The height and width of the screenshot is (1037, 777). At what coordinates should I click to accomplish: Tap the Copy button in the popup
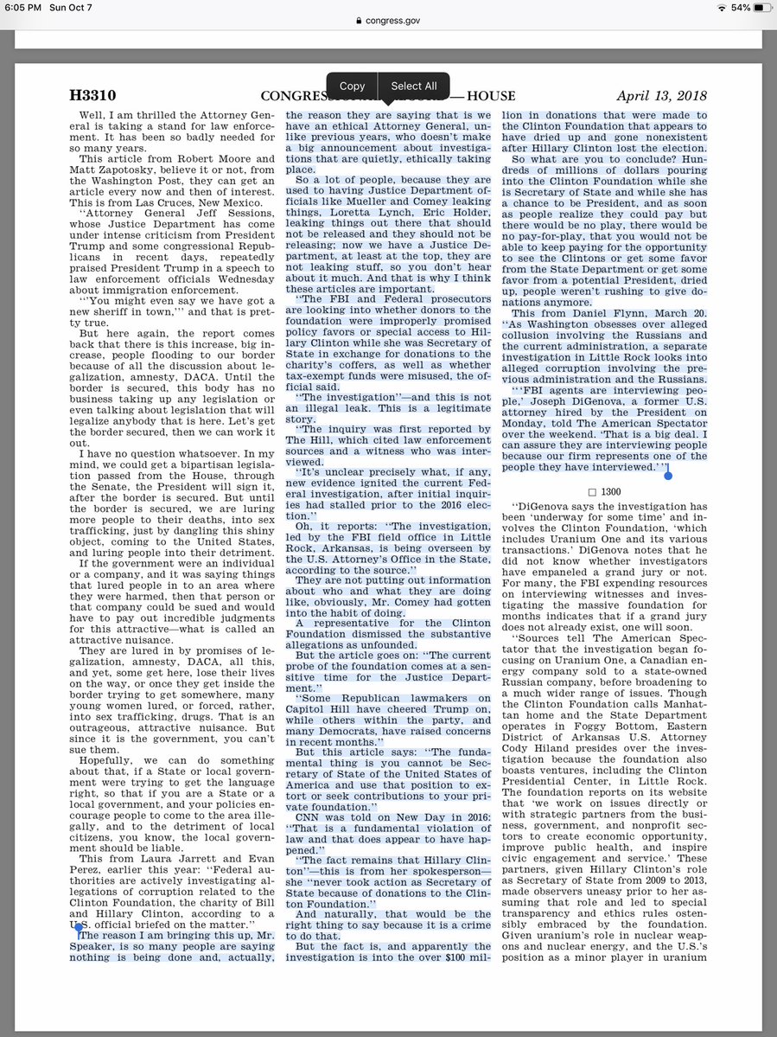pyautogui.click(x=352, y=86)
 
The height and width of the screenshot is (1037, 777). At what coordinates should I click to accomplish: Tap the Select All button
pyautogui.click(x=414, y=86)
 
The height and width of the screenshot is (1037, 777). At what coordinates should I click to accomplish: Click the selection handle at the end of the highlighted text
pyautogui.click(x=667, y=473)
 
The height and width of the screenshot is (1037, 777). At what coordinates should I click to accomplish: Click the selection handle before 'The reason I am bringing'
pyautogui.click(x=79, y=927)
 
